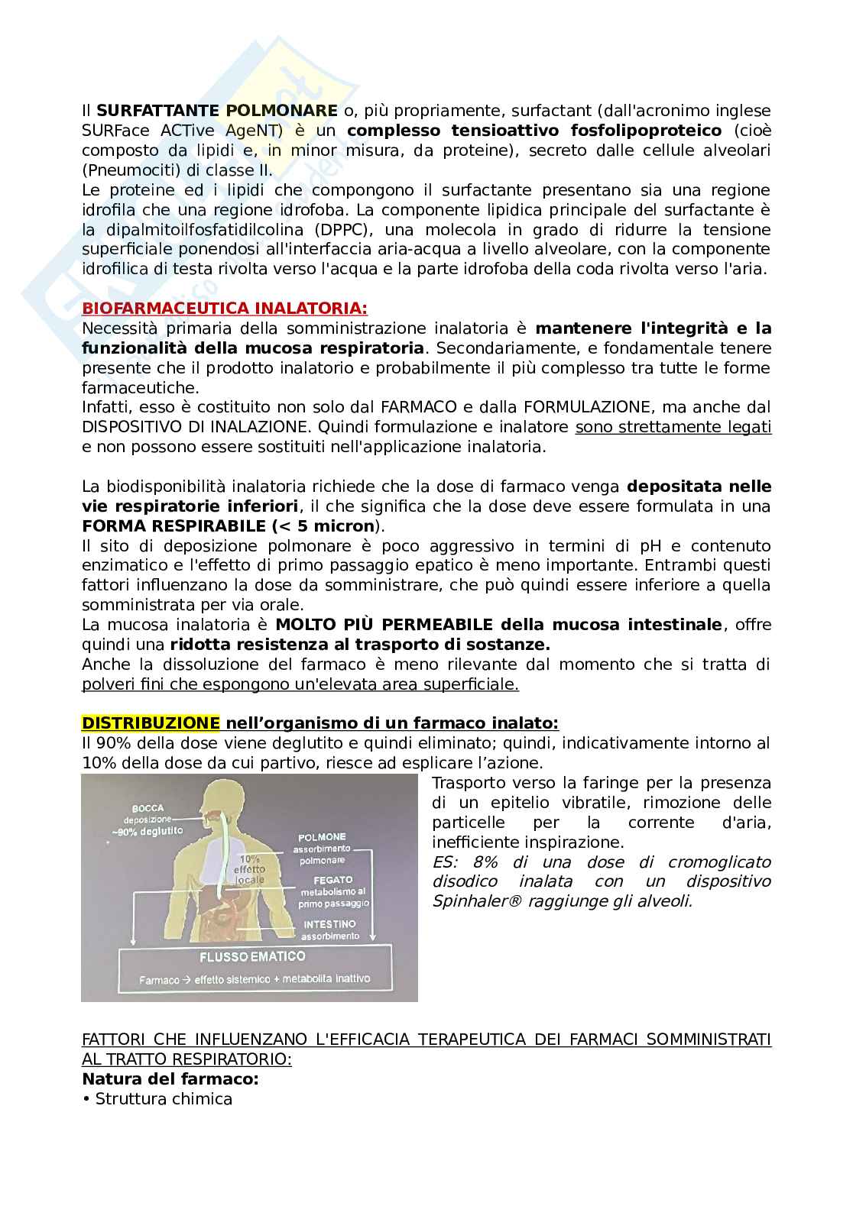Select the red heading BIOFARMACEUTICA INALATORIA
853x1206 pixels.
point(224,309)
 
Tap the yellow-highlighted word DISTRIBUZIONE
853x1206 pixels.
point(151,723)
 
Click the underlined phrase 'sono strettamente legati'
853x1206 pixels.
point(673,427)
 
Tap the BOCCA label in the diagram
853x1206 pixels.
point(148,808)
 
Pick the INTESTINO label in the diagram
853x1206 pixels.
point(329,924)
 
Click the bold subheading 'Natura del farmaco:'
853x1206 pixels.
point(170,1079)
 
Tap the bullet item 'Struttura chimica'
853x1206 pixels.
point(163,1099)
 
